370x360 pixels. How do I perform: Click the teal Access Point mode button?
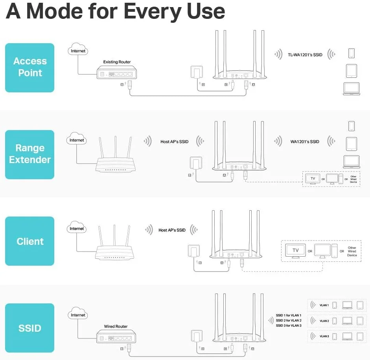point(30,67)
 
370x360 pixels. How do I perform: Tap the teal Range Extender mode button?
point(30,154)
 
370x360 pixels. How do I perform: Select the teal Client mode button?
point(30,241)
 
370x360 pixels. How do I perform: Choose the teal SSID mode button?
point(30,328)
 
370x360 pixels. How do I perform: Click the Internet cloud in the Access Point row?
point(77,51)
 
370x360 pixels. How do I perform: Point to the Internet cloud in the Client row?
point(77,228)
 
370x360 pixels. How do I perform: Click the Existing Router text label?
point(117,62)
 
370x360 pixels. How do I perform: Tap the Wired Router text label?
point(116,327)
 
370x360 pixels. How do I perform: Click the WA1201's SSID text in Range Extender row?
point(305,141)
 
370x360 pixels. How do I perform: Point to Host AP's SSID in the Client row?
point(172,230)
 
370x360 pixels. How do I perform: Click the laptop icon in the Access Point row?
point(351,89)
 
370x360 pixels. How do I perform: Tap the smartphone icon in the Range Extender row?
point(351,126)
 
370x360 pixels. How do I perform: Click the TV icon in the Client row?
point(296,250)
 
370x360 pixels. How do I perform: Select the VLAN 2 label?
point(324,321)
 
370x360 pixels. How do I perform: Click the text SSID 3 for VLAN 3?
point(289,325)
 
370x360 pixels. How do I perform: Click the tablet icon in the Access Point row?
point(351,71)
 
